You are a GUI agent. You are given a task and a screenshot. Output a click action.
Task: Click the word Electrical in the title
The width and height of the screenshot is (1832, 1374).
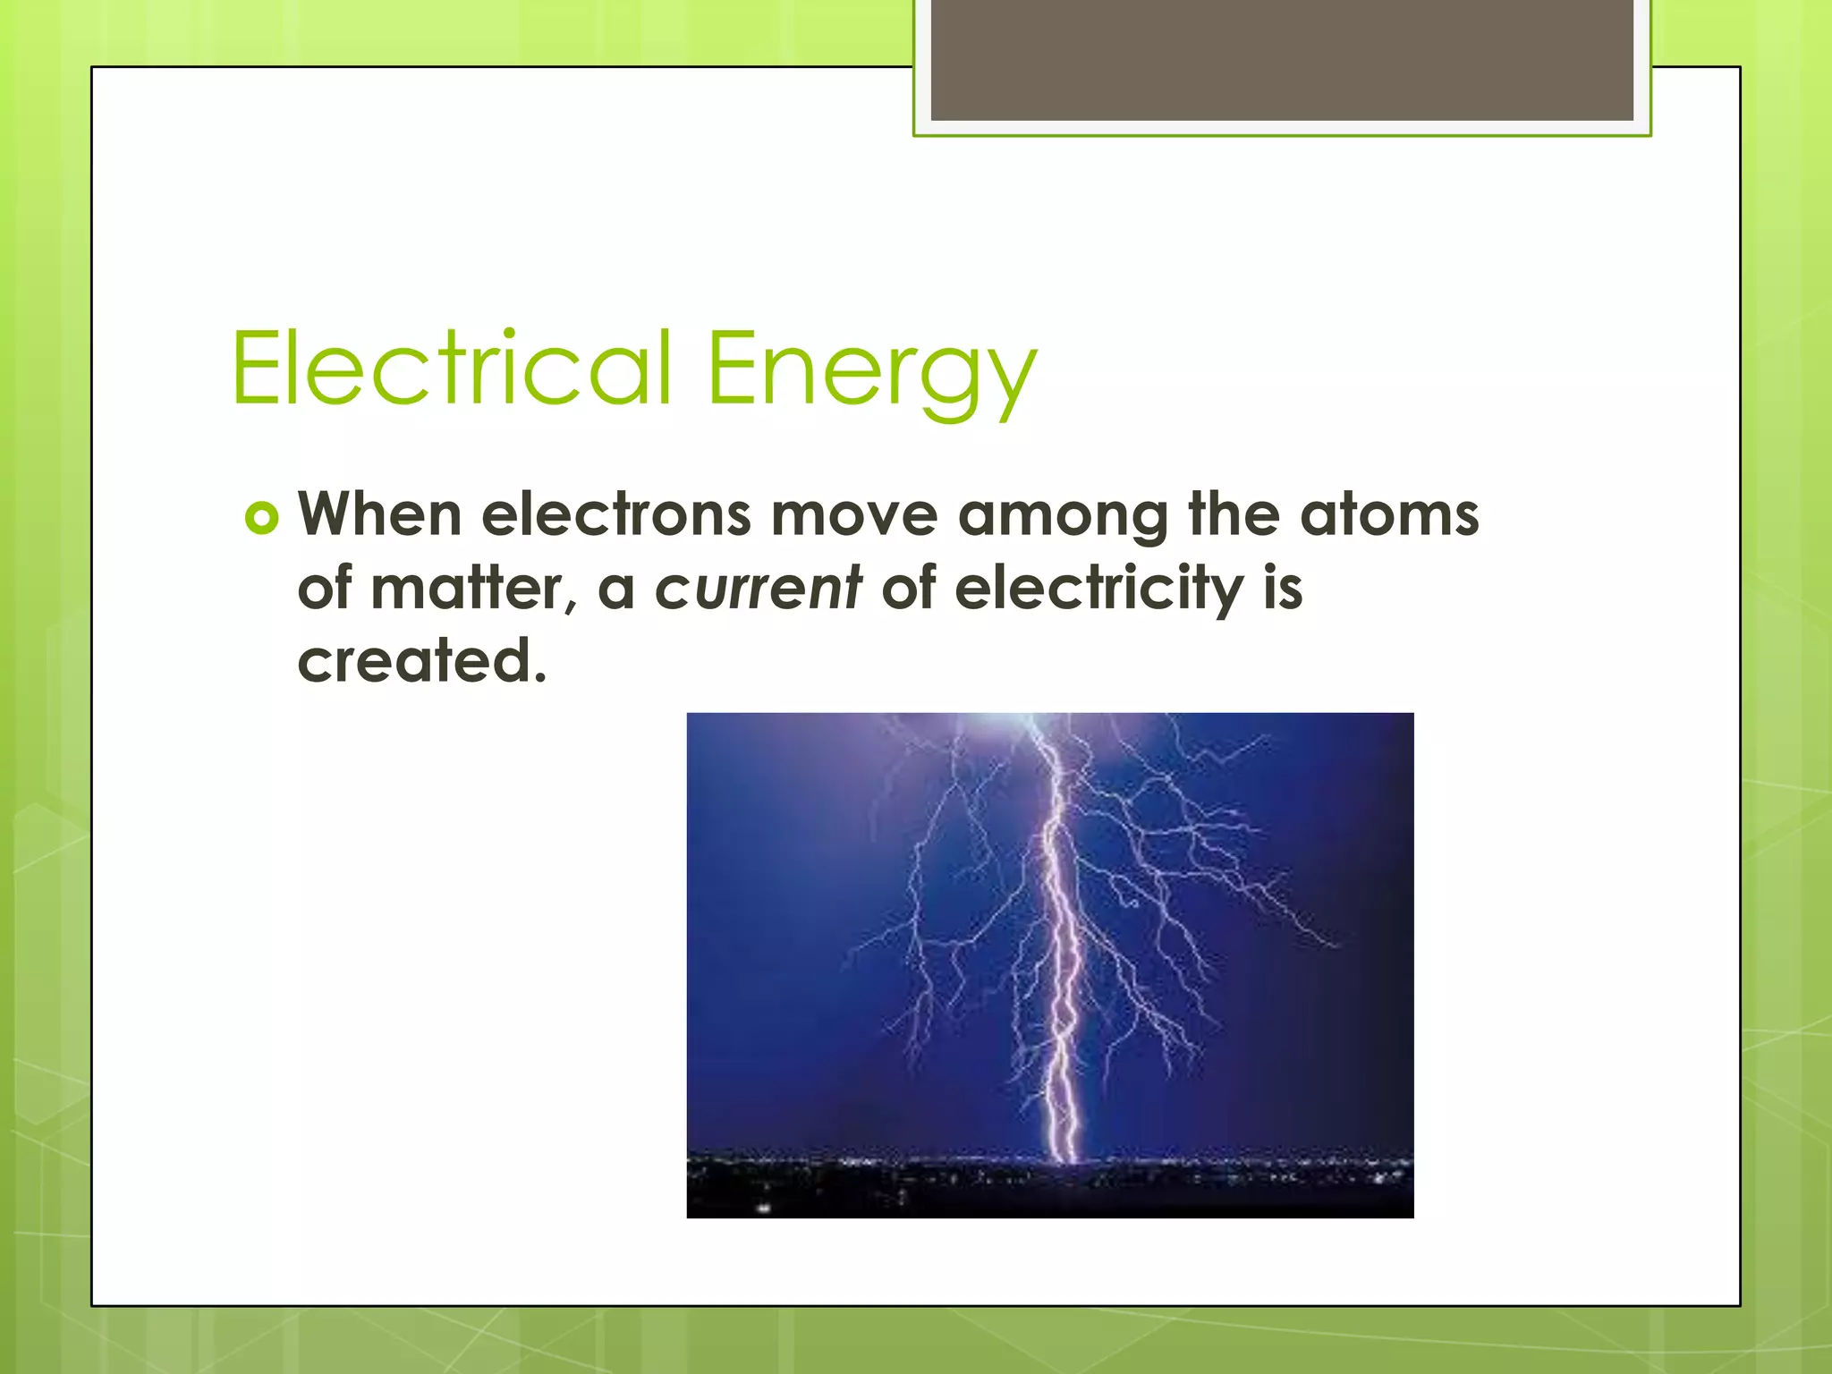pyautogui.click(x=452, y=369)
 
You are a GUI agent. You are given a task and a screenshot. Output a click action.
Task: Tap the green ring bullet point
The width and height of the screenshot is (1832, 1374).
pyautogui.click(x=262, y=518)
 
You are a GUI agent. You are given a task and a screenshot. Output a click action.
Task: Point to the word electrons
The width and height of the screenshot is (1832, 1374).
pyautogui.click(x=616, y=515)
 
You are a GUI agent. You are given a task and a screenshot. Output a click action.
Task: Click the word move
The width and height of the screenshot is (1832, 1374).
pyautogui.click(x=854, y=515)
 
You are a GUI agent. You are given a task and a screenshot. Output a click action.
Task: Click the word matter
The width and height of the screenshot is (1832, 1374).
pyautogui.click(x=467, y=589)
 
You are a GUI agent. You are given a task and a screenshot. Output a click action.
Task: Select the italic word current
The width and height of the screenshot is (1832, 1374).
pyautogui.click(x=759, y=589)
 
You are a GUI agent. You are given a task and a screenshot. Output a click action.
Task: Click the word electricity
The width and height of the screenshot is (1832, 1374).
pyautogui.click(x=1098, y=590)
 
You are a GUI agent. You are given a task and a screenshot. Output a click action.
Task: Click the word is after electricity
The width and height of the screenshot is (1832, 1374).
pyautogui.click(x=1283, y=589)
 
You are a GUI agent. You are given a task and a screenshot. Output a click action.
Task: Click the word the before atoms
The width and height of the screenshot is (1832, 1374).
pyautogui.click(x=1234, y=515)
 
